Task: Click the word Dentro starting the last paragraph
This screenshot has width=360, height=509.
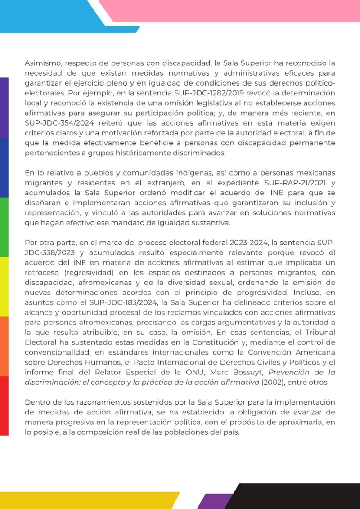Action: pyautogui.click(x=37, y=401)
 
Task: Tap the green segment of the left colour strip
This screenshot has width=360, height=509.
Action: pyautogui.click(x=4, y=227)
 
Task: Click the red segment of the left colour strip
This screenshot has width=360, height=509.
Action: pyautogui.click(x=4, y=405)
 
